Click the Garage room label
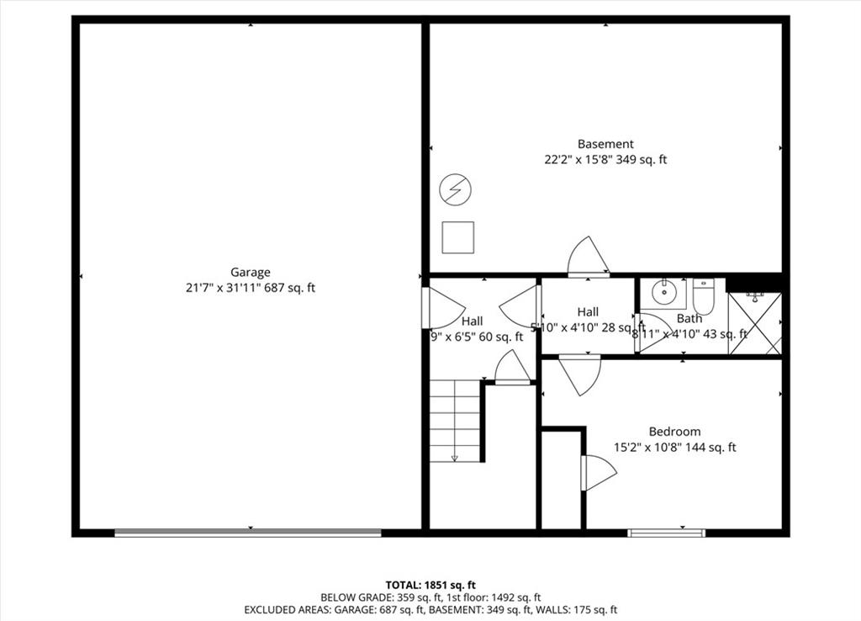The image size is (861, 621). pyautogui.click(x=251, y=272)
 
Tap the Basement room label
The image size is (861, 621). pyautogui.click(x=605, y=144)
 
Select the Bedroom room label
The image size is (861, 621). pyautogui.click(x=674, y=432)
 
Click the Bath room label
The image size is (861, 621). pyautogui.click(x=689, y=319)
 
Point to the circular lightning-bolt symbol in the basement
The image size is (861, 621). pyautogui.click(x=456, y=189)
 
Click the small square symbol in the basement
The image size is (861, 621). pyautogui.click(x=458, y=237)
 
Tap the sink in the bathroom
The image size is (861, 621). pyautogui.click(x=669, y=293)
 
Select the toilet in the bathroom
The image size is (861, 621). pyautogui.click(x=703, y=296)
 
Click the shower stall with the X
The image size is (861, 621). pyautogui.click(x=755, y=323)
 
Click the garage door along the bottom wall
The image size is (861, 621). pyautogui.click(x=248, y=532)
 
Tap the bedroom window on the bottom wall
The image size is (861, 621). pyautogui.click(x=667, y=532)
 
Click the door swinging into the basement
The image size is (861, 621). pyautogui.click(x=588, y=257)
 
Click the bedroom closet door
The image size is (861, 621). pyautogui.click(x=597, y=472)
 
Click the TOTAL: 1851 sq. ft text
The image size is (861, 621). pyautogui.click(x=430, y=584)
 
